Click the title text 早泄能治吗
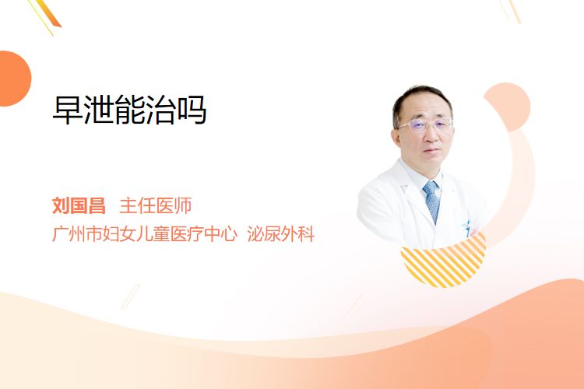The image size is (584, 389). click(x=129, y=110)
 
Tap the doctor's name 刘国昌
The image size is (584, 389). click(x=79, y=205)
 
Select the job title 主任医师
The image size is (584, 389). click(x=156, y=205)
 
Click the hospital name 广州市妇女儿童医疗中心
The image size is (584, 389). click(x=145, y=233)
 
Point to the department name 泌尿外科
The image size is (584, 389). click(x=281, y=233)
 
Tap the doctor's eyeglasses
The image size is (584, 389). click(x=425, y=125)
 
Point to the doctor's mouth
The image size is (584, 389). click(x=431, y=151)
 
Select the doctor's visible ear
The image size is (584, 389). click(x=396, y=138)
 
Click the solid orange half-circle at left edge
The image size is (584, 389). click(x=14, y=79)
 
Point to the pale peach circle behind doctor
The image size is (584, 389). click(x=507, y=107)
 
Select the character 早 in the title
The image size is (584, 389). click(x=67, y=110)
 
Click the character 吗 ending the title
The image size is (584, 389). click(x=192, y=110)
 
